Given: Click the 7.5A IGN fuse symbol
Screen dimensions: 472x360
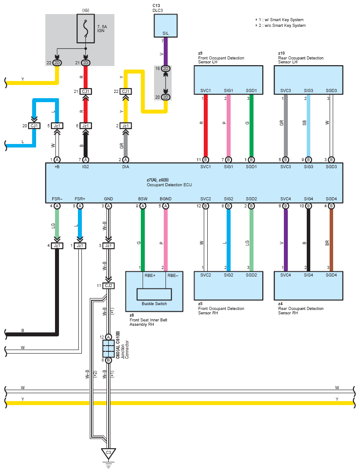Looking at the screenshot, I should [85, 29].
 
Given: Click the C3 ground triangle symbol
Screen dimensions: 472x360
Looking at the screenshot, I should [108, 453].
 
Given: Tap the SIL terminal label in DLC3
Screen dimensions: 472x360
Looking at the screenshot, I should [165, 33].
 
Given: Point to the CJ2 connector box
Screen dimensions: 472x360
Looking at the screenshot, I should [108, 286].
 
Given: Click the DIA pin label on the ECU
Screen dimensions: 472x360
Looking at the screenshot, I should [126, 168].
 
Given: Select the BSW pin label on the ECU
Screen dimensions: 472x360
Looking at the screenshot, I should [143, 199].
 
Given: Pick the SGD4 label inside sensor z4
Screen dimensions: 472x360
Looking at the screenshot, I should [331, 275].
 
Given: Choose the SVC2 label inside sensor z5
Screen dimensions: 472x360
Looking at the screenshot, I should [206, 275].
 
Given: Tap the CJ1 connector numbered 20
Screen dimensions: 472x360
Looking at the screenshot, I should [34, 126].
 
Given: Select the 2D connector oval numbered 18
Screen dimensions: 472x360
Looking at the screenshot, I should [165, 69].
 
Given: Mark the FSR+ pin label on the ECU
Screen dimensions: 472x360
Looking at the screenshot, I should [80, 199].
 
